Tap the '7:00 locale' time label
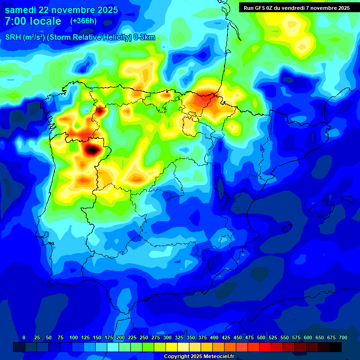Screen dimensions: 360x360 (x=33, y=21)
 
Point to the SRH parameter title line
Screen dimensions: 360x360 (x=80, y=37)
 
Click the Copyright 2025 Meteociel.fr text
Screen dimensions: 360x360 (x=205, y=357)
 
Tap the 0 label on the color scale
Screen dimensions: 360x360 (x=24, y=337)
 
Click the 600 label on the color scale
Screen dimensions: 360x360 (x=308, y=337)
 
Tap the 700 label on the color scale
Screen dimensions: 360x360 (x=343, y=337)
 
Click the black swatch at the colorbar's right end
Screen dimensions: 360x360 (x=336, y=347)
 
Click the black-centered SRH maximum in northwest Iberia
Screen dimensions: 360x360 (x=92, y=150)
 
